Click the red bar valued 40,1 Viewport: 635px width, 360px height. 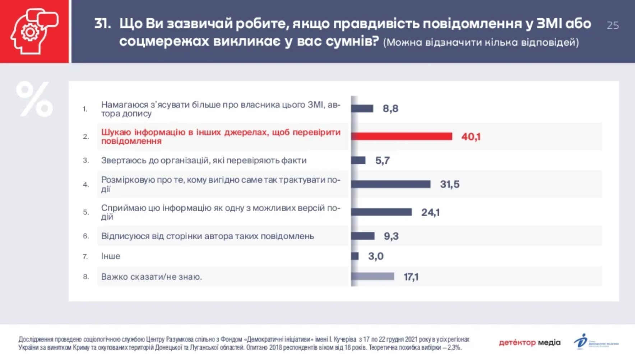(402, 137)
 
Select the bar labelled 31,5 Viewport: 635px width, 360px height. (391, 184)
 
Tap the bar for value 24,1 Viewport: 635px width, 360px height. (381, 212)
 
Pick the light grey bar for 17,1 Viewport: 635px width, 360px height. (373, 277)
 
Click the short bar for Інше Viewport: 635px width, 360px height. (355, 256)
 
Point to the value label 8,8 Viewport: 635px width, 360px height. (390, 109)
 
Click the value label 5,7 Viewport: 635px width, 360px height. (383, 161)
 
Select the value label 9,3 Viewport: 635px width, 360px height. (391, 236)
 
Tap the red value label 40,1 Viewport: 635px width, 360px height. (471, 137)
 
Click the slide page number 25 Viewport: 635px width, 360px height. (613, 26)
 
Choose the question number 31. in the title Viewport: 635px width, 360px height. (102, 24)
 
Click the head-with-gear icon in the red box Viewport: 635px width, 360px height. (34, 32)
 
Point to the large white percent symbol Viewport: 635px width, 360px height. (34, 99)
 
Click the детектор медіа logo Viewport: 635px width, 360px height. (530, 342)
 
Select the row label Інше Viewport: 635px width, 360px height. (111, 256)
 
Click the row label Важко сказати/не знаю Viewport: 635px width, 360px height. (152, 277)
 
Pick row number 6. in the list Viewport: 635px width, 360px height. (86, 236)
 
